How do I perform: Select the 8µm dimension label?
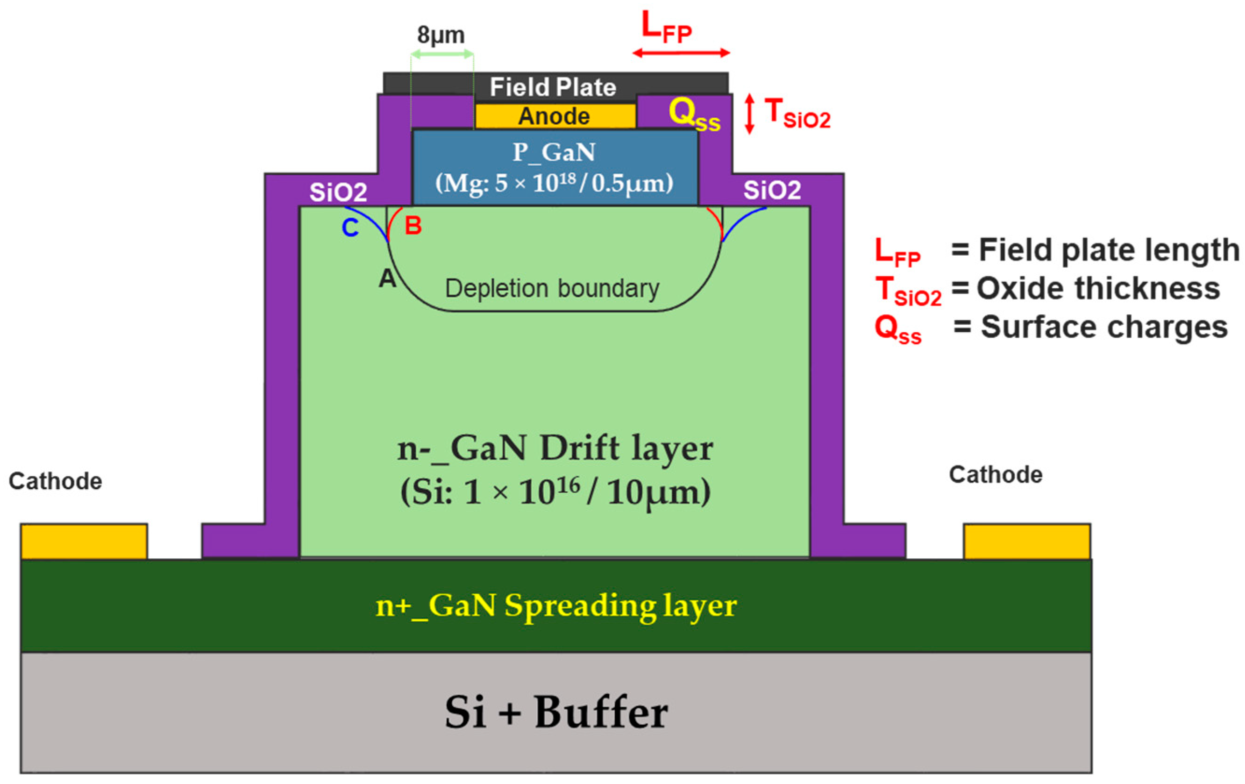tap(441, 35)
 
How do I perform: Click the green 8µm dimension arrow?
tap(442, 54)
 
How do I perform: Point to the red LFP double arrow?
tap(681, 53)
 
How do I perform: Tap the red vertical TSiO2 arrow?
tap(749, 114)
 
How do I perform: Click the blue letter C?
tap(350, 228)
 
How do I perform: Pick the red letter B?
tap(413, 226)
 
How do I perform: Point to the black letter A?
tap(387, 279)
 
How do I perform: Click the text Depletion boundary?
tap(552, 289)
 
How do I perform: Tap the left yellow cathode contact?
tap(84, 541)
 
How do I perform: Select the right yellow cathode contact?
tap(1026, 541)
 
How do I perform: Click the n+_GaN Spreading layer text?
tap(556, 605)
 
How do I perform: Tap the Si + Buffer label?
tap(556, 713)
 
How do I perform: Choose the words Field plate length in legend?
tap(1109, 250)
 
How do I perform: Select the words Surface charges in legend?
tap(1104, 327)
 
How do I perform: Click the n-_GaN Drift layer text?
tap(555, 449)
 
